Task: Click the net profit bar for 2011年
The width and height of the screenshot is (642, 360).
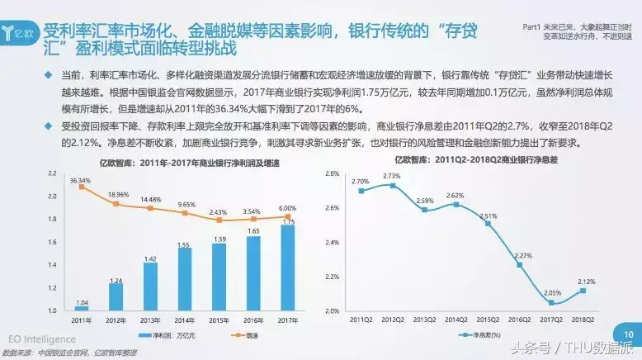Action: pyautogui.click(x=81, y=307)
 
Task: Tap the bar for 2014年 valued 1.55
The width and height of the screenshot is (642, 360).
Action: pyautogui.click(x=184, y=279)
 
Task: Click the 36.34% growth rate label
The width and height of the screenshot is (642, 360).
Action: pyautogui.click(x=80, y=179)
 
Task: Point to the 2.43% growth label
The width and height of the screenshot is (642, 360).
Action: pyautogui.click(x=218, y=212)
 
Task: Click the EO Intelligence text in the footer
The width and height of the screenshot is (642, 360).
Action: pyautogui.click(x=42, y=339)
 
